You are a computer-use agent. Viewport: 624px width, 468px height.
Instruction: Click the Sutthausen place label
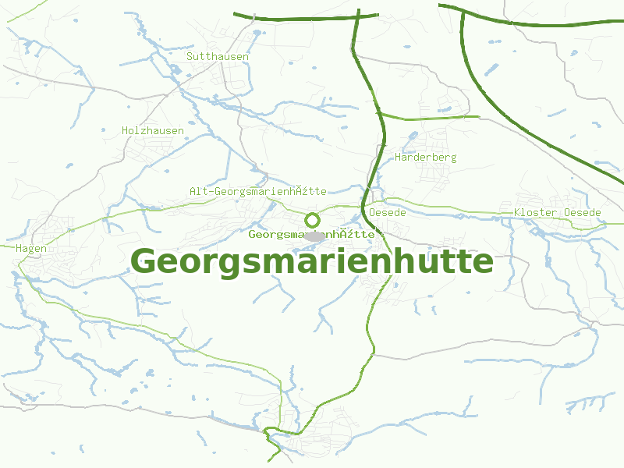click(x=218, y=56)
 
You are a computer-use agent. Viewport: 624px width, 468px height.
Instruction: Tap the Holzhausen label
click(x=153, y=130)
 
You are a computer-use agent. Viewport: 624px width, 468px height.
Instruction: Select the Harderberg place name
click(x=426, y=157)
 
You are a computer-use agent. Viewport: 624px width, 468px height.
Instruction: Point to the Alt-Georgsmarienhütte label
click(x=257, y=191)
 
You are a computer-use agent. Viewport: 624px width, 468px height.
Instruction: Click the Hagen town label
click(x=31, y=248)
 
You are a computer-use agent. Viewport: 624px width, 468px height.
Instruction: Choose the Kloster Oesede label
click(x=558, y=212)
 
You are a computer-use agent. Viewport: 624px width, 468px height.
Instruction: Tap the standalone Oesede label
click(x=388, y=212)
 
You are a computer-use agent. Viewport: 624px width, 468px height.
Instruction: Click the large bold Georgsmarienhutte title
click(x=312, y=261)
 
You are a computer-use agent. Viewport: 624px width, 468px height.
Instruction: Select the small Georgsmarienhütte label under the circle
click(x=312, y=234)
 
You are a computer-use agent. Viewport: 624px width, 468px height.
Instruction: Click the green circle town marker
click(x=313, y=219)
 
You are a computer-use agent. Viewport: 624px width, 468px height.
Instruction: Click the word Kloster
click(x=535, y=212)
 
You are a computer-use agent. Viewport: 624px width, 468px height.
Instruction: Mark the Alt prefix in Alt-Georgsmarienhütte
click(x=198, y=191)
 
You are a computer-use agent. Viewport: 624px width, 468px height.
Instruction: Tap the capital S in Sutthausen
click(x=190, y=56)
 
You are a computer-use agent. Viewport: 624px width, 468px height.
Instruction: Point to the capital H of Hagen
click(x=19, y=248)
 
